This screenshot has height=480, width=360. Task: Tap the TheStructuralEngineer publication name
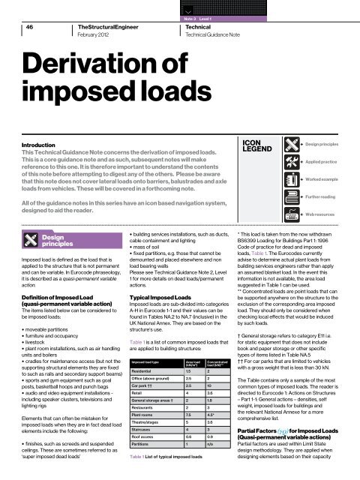(111, 25)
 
